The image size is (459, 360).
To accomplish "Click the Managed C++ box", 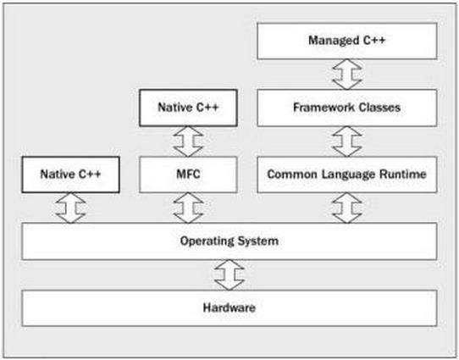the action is coord(347,41).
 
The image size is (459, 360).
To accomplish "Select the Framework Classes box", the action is coord(347,108).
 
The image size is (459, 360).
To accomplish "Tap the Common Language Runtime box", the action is coord(347,174).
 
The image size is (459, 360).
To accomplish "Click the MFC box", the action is coord(188,174).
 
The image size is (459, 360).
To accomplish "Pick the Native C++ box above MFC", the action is coord(188,108).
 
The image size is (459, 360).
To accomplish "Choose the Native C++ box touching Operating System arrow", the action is coord(70,174).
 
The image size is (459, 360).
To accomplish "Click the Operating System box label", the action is coord(229,241).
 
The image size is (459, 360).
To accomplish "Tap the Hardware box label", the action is coord(229,307).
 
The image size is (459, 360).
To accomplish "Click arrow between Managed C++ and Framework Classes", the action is coord(347,75).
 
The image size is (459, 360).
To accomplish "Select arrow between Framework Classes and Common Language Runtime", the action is coord(347,141).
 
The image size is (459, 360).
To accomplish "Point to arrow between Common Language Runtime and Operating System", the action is coord(347,208).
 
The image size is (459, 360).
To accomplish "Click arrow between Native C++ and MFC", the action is coord(188,141).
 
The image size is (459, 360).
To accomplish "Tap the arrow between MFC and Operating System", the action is coord(188,208).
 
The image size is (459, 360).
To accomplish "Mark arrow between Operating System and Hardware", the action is coord(229,274).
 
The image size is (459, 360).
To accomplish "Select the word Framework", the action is coord(324,108).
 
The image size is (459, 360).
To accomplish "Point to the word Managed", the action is coord(334,41).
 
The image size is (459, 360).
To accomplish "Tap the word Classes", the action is coord(379,108).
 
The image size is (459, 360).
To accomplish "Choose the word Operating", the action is coord(207,241).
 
